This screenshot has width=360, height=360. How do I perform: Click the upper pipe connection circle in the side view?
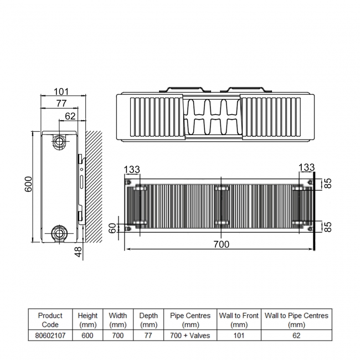(x=59, y=141)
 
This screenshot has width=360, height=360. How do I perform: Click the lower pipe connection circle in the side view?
(x=59, y=233)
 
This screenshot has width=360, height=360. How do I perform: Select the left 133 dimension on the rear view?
(x=132, y=168)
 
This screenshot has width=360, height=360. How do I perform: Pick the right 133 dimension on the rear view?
(x=306, y=167)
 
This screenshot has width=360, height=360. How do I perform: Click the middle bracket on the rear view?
(x=221, y=206)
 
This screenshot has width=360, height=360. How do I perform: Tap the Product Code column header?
(x=50, y=320)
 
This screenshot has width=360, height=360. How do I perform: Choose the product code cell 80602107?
(x=50, y=336)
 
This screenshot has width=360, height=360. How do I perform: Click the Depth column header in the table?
(x=148, y=320)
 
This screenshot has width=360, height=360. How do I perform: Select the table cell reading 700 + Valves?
(x=191, y=336)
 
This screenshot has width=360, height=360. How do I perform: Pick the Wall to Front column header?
(x=239, y=320)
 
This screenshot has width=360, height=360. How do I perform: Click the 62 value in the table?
(x=296, y=336)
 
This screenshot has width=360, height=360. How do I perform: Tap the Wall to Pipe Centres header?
(x=296, y=320)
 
